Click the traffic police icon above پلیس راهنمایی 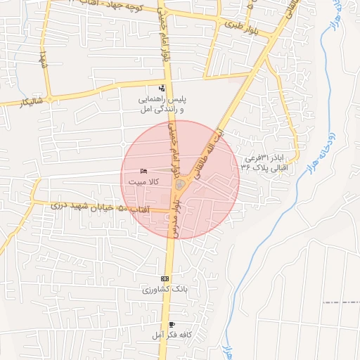click(162, 89)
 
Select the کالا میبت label click(143, 181)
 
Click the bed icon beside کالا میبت click(143, 172)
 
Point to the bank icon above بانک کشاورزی click(165, 278)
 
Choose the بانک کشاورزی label click(157, 289)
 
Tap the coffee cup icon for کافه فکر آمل click(172, 324)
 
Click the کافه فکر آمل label click(168, 335)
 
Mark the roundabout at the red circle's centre click(180, 184)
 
